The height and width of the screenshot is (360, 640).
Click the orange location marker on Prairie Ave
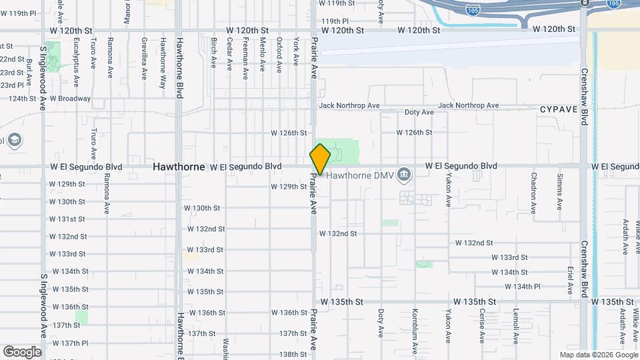click(320, 159)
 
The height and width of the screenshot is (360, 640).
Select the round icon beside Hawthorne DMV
click(404, 175)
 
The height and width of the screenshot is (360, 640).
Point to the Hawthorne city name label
click(179, 167)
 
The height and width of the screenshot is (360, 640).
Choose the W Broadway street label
click(71, 99)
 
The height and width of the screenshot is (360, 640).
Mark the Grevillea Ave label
click(144, 59)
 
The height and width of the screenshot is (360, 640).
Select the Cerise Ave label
click(481, 326)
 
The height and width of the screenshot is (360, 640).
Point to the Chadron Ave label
click(534, 193)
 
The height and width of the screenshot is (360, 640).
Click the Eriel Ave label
click(571, 281)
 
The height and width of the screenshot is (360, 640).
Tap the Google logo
click(22, 352)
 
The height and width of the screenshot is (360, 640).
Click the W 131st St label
click(67, 219)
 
